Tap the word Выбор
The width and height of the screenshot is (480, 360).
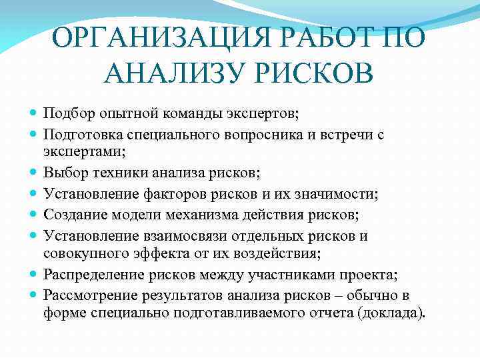coord(63,173)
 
